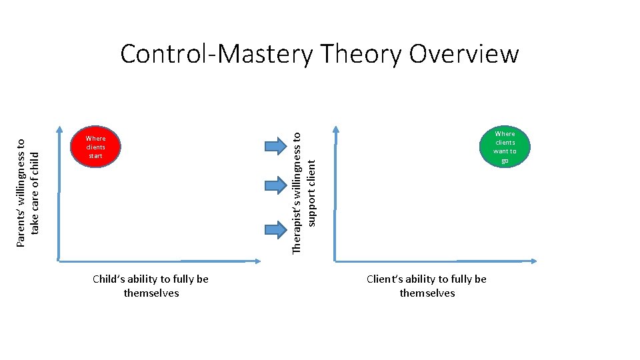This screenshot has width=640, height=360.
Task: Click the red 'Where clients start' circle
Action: pos(96,147)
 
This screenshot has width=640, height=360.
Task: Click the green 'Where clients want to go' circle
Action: pos(505,147)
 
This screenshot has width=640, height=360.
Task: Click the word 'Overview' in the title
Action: pos(463,54)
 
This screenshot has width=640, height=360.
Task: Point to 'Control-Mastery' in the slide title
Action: pos(215,54)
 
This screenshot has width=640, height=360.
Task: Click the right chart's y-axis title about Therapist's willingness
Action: pos(305,192)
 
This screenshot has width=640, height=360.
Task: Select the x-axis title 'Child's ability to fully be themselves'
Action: pos(151,286)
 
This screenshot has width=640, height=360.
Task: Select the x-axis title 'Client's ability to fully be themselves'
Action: pos(427,286)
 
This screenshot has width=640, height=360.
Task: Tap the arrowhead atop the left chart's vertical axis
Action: pos(59,129)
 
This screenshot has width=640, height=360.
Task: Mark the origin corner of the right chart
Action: pos(335,259)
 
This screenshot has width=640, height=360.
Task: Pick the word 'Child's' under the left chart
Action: pos(109,279)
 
